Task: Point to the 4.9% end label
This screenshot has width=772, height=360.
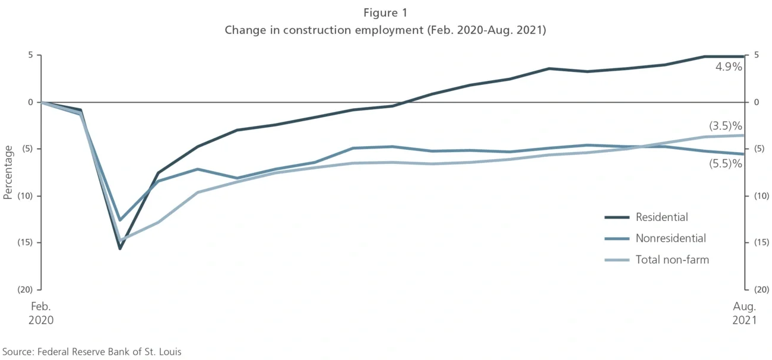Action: [728, 67]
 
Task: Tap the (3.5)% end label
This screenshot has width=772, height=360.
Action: [726, 126]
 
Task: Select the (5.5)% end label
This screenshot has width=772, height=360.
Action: [726, 163]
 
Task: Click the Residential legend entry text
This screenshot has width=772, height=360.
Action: [662, 217]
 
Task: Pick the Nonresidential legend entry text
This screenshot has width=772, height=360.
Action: [670, 239]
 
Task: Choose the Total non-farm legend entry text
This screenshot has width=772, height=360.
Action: [672, 260]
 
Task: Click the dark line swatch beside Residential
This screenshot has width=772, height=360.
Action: [617, 217]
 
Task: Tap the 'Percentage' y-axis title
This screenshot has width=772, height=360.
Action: [8, 172]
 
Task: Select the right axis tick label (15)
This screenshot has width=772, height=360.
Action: [760, 242]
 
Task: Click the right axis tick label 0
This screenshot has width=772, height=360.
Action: [756, 102]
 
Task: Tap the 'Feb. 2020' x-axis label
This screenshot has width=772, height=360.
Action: [40, 313]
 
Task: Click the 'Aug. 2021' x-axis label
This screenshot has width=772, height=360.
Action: [744, 313]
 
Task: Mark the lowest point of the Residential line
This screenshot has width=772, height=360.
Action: [119, 248]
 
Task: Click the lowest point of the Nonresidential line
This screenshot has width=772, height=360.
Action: [120, 220]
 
